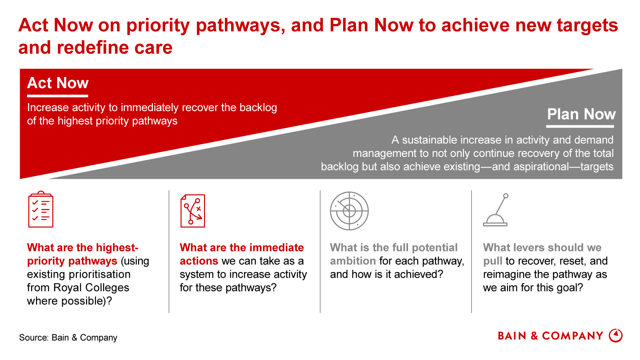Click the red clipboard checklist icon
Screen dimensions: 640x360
tap(40, 209)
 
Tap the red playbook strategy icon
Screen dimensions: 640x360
tap(192, 211)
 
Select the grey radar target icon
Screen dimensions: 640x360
tap(349, 211)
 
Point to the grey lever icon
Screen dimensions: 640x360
tap(496, 210)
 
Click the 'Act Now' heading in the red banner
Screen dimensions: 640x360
tap(58, 83)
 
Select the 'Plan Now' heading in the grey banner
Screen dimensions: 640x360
tap(581, 114)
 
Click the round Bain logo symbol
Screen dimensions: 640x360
tap(616, 336)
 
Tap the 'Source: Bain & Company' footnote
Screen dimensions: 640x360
tap(68, 337)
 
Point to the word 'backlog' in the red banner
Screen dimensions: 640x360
tap(258, 108)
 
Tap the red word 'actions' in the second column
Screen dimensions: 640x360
tap(199, 261)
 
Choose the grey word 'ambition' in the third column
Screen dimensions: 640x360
tap(353, 261)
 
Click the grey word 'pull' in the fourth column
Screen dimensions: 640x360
tap(492, 261)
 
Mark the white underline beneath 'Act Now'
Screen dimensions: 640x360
tap(57, 96)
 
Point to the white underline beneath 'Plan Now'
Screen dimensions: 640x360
tap(580, 126)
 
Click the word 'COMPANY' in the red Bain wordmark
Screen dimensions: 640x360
tap(572, 336)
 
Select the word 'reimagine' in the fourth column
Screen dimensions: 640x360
tap(507, 275)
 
